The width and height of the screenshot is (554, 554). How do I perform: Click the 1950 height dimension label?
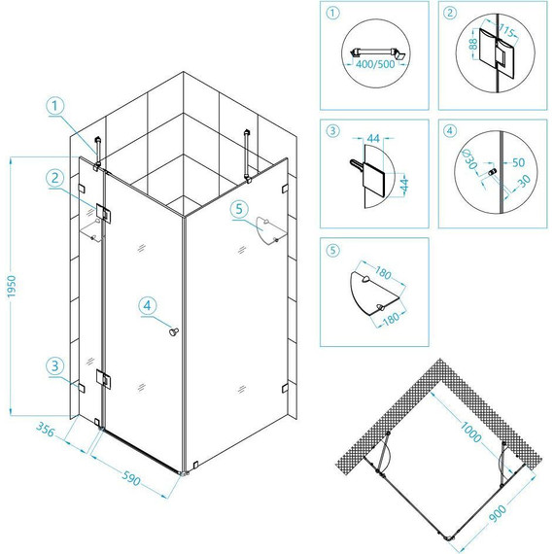click(x=12, y=286)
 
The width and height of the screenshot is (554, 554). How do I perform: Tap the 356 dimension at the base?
click(x=46, y=429)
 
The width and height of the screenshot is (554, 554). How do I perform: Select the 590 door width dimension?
click(x=131, y=478)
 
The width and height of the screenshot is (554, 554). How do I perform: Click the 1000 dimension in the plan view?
click(x=470, y=432)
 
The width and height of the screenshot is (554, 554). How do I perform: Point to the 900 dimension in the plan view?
click(x=498, y=514)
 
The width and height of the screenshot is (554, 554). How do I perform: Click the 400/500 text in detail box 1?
click(x=375, y=65)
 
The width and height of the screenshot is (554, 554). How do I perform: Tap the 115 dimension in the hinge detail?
click(x=506, y=30)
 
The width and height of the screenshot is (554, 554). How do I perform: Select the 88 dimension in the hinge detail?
click(x=473, y=44)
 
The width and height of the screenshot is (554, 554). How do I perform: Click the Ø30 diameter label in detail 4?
click(x=470, y=159)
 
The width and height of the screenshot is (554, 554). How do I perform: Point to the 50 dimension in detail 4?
click(x=518, y=162)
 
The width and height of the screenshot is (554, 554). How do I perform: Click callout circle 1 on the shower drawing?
click(x=55, y=106)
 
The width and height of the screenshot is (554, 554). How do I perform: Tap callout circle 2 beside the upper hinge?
click(x=55, y=178)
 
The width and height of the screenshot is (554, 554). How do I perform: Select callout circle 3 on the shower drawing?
click(x=55, y=365)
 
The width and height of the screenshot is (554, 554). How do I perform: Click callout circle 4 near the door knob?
click(x=148, y=305)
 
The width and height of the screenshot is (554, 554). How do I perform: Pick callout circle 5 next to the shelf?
click(x=239, y=209)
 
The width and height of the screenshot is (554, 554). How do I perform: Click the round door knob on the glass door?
click(x=173, y=331)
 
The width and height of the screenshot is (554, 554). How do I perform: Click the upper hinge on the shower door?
click(x=104, y=213)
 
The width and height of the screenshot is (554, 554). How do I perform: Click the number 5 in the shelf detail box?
click(x=332, y=251)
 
